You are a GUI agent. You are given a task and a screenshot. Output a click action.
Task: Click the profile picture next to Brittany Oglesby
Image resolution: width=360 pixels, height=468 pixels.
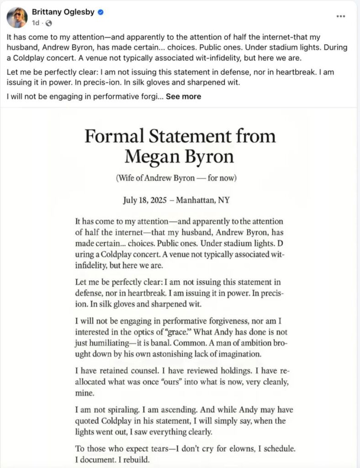pos(17,17)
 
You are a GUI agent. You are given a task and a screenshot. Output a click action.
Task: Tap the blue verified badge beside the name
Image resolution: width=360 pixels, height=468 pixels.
pos(101,13)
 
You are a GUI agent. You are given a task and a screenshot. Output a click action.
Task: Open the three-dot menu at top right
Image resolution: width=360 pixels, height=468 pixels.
pos(341,16)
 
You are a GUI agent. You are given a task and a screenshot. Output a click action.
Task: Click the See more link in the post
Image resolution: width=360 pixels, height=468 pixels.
pos(183,96)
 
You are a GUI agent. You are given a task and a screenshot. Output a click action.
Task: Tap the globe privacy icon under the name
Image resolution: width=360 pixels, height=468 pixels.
pos(49,23)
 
